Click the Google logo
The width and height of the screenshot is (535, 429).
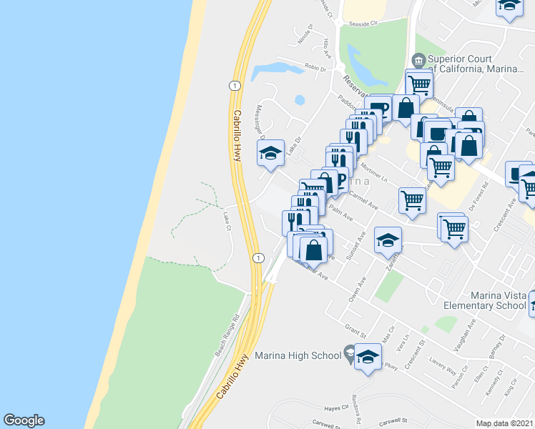pyautogui.click(x=24, y=420)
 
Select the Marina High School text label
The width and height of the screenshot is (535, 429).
pyautogui.click(x=298, y=355)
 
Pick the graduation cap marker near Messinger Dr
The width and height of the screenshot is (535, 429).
pyautogui.click(x=271, y=154)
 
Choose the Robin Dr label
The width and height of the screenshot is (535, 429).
pyautogui.click(x=315, y=68)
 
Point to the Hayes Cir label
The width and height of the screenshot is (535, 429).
pyautogui.click(x=335, y=408)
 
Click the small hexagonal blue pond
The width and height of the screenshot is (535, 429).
pyautogui.click(x=299, y=99)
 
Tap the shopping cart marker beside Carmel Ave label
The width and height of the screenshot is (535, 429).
pyautogui.click(x=412, y=200)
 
